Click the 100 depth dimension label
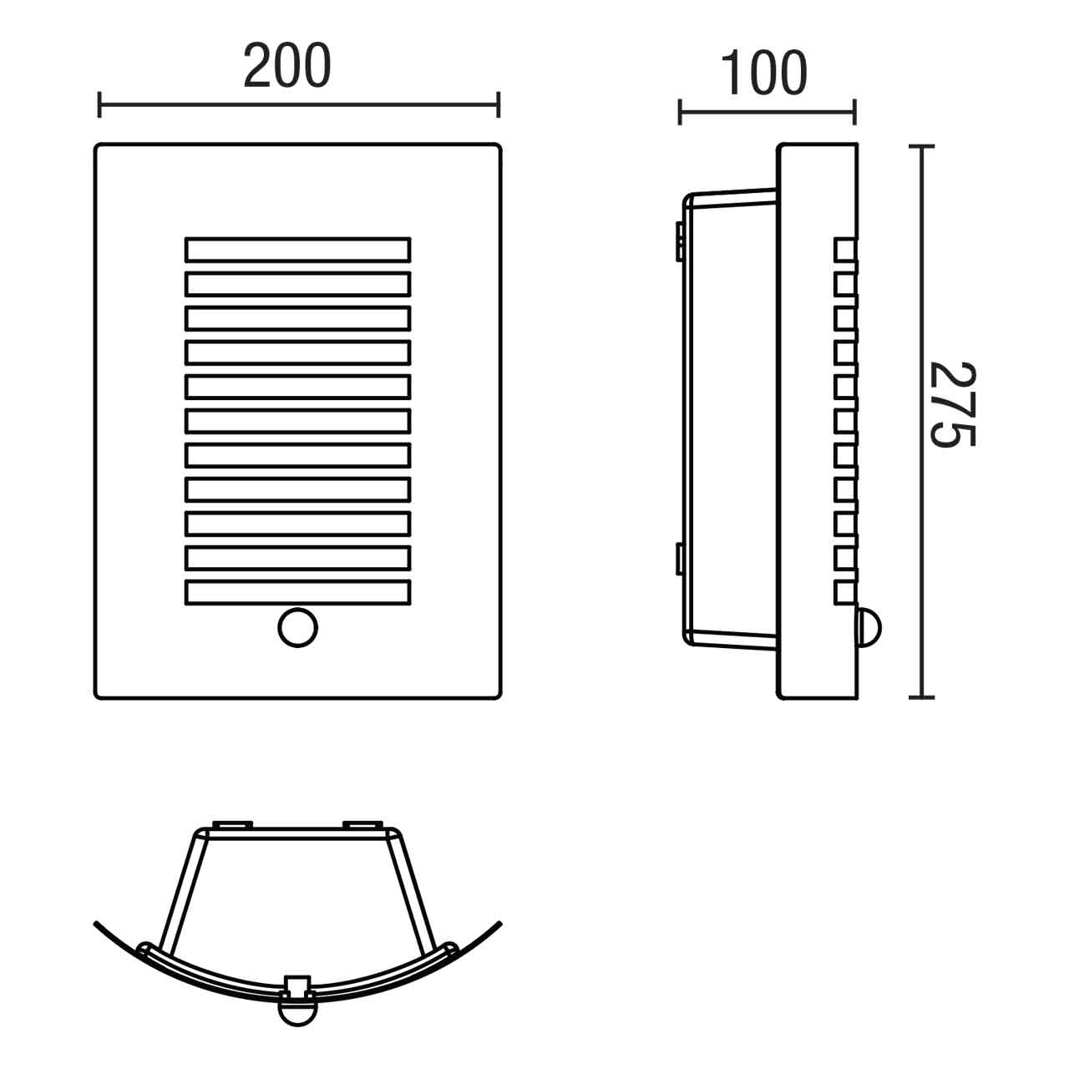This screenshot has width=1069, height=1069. pos(763,73)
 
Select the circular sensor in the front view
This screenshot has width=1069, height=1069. pos(297,627)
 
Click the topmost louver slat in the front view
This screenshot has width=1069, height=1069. pos(297,250)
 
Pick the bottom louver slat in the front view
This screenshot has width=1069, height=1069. pos(297,591)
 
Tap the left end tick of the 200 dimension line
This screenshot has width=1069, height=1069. pos(100,105)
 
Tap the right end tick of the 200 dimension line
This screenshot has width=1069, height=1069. pos(499,105)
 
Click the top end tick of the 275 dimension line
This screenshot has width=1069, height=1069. pos(920,147)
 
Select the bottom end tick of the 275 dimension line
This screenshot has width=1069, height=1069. pos(920,696)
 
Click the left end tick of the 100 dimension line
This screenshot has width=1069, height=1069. pos(681,111)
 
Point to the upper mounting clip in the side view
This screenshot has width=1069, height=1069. pos(680,240)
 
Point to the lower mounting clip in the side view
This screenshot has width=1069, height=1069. pos(680,558)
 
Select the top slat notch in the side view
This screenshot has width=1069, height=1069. pos(845,249)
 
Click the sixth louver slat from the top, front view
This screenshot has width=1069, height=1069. pos(297,420)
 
